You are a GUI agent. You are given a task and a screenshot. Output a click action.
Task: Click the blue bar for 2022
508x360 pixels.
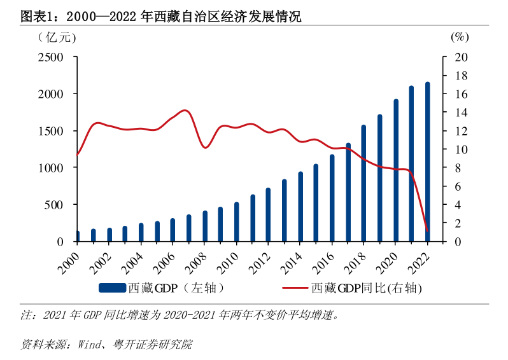[x=427, y=162]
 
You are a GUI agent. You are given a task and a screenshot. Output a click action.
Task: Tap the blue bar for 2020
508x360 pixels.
[x=395, y=170]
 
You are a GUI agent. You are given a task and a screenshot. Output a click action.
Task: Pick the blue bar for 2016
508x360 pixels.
[x=332, y=198]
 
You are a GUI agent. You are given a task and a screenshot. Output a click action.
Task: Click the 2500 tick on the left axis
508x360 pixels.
[x=50, y=57]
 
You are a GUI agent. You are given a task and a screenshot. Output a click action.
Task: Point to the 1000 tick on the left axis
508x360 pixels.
[x=50, y=168]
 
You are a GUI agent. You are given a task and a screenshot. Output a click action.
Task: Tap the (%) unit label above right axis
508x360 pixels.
[x=459, y=37]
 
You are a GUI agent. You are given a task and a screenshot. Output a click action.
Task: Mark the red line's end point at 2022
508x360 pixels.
[x=427, y=230]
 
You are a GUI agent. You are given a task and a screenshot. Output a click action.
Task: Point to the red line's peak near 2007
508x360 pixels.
[x=185, y=111]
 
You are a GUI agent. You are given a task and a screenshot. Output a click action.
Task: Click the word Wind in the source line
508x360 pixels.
[x=89, y=345]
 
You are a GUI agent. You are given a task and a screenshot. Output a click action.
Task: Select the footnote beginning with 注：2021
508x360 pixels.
[x=185, y=314]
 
